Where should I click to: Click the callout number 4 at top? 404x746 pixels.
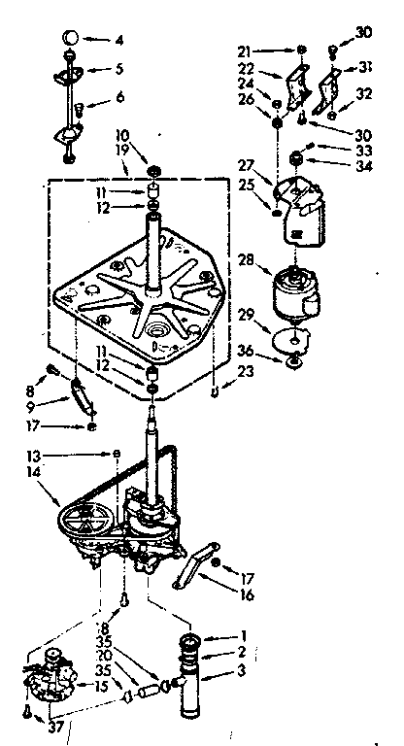(x=118, y=40)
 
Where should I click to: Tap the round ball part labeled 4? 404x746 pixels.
(x=69, y=37)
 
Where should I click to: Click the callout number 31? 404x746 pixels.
(x=364, y=67)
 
